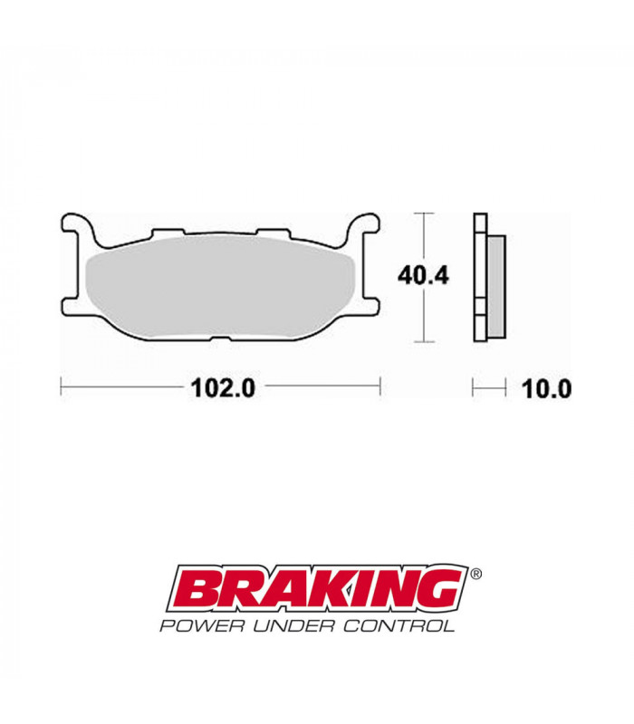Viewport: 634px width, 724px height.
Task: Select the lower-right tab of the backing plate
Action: [x=370, y=305]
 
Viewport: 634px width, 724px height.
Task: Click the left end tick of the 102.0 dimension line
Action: [x=61, y=387]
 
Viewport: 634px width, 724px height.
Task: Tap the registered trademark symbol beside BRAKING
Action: [x=476, y=574]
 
